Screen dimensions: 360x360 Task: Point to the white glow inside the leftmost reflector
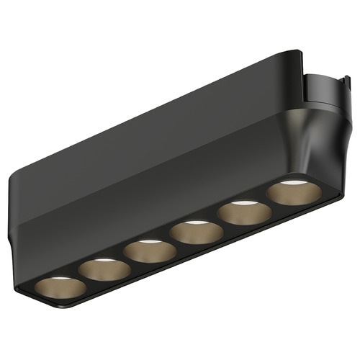tap(60, 277)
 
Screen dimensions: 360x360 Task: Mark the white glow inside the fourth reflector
tap(196, 224)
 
